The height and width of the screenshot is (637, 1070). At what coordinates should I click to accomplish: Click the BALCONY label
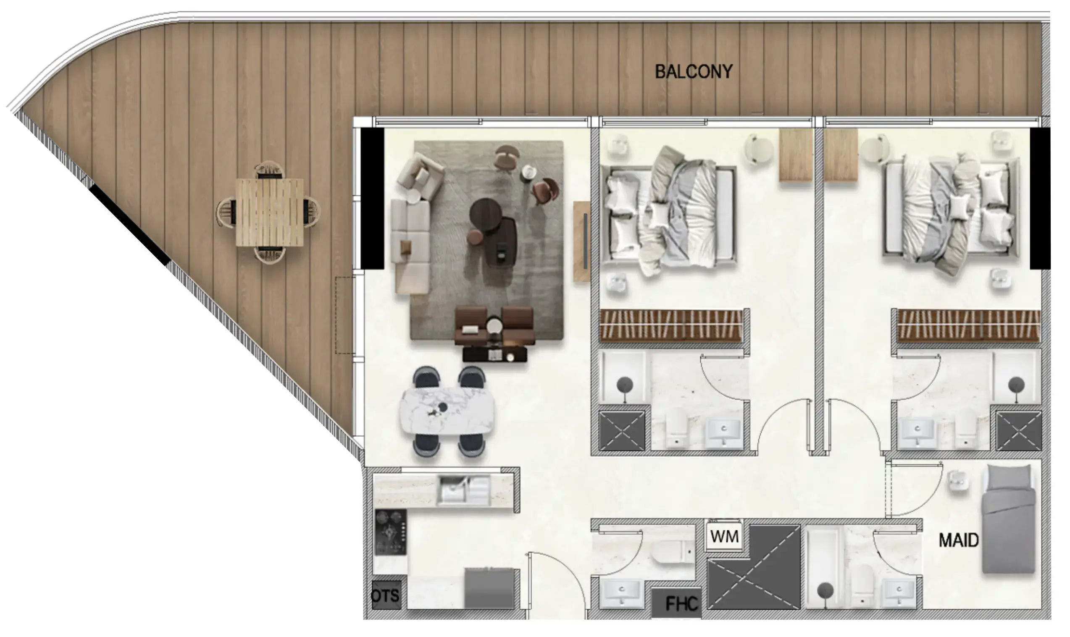point(694,72)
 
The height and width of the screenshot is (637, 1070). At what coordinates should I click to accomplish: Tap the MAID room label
point(958,540)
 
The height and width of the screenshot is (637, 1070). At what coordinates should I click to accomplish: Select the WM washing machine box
point(724,536)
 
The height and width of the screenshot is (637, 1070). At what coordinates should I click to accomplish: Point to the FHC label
point(681,604)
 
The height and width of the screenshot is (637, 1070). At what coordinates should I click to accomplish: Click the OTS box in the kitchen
point(386,595)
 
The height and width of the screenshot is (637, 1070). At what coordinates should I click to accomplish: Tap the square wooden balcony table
point(269,212)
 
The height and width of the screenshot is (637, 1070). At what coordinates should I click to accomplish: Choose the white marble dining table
point(447,411)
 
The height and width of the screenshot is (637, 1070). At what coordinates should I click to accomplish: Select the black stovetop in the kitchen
point(390,533)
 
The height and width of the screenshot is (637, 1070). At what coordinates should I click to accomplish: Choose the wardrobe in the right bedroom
point(968,325)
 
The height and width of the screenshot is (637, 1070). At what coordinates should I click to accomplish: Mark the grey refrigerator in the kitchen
point(489,587)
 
